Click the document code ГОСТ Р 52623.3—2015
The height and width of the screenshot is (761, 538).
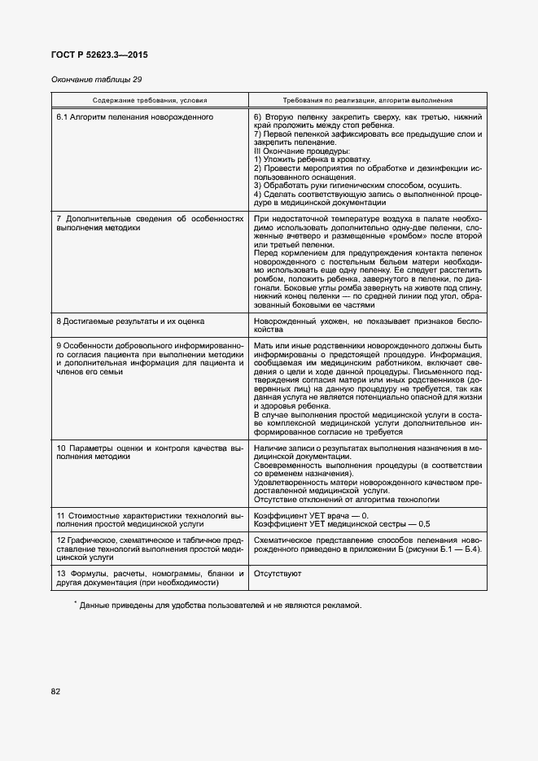coord(100,55)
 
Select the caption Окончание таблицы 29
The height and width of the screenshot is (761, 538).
coord(96,79)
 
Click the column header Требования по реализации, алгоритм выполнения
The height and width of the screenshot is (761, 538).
coord(367,100)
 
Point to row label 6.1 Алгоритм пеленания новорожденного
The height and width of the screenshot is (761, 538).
coord(134,117)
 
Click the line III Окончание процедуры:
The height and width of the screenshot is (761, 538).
coord(302,151)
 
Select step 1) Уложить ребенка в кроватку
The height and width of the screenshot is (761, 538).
coord(313,160)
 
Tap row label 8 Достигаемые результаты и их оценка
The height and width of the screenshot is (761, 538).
coord(130,321)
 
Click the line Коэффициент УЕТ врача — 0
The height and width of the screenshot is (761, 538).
coord(311,516)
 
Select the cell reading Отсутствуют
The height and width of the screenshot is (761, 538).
coord(278,574)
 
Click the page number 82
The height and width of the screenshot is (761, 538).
coord(56,692)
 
